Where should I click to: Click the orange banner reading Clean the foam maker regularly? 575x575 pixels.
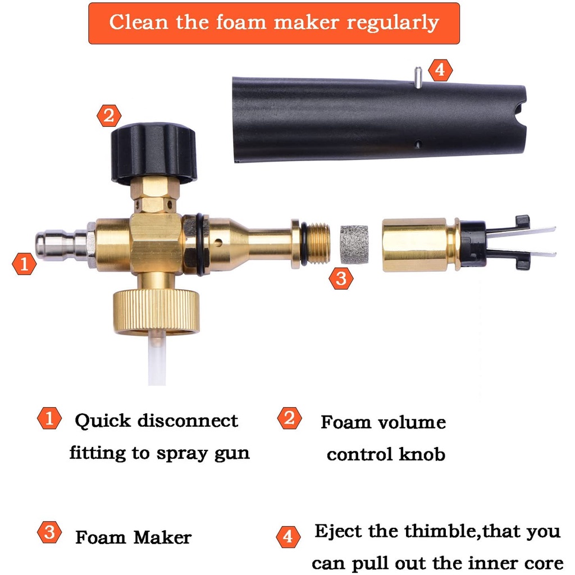tap(274, 24)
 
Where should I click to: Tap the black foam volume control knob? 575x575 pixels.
tap(154, 153)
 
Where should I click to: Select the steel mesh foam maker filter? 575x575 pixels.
tap(354, 245)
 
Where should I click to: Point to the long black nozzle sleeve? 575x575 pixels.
tap(380, 120)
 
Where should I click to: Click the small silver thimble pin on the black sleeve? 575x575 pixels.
tap(418, 77)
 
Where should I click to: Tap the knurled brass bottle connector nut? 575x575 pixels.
tap(157, 311)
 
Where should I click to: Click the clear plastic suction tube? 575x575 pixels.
tap(157, 358)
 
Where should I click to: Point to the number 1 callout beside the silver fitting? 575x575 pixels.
tap(24, 264)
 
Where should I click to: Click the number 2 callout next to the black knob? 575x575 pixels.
tap(109, 116)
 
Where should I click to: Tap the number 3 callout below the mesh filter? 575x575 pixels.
tap(341, 279)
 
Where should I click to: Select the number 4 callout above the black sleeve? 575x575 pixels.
tap(440, 70)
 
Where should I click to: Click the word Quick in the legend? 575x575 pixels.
tap(103, 421)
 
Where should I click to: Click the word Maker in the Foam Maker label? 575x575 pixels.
tap(162, 537)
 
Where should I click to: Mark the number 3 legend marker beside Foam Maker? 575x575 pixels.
tap(49, 532)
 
